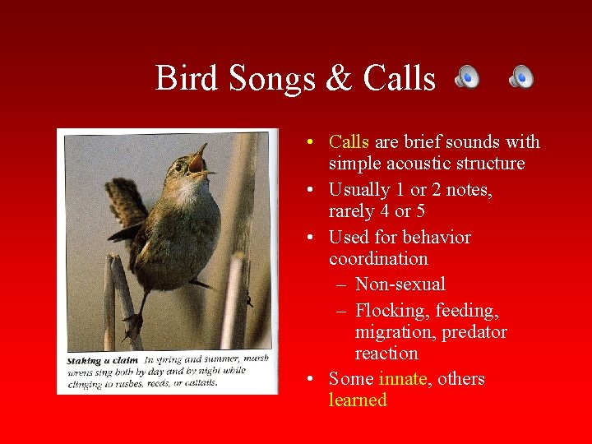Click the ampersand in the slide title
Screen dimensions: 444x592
click(x=338, y=79)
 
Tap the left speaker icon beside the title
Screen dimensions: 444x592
click(x=467, y=77)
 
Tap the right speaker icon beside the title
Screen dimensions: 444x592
click(x=520, y=77)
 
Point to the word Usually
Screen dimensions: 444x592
click(x=358, y=190)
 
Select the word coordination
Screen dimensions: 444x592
click(x=378, y=259)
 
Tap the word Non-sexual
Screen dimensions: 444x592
click(x=400, y=284)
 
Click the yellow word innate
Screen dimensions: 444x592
click(x=403, y=379)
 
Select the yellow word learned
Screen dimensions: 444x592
click(x=358, y=400)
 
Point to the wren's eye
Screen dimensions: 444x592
click(x=178, y=167)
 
